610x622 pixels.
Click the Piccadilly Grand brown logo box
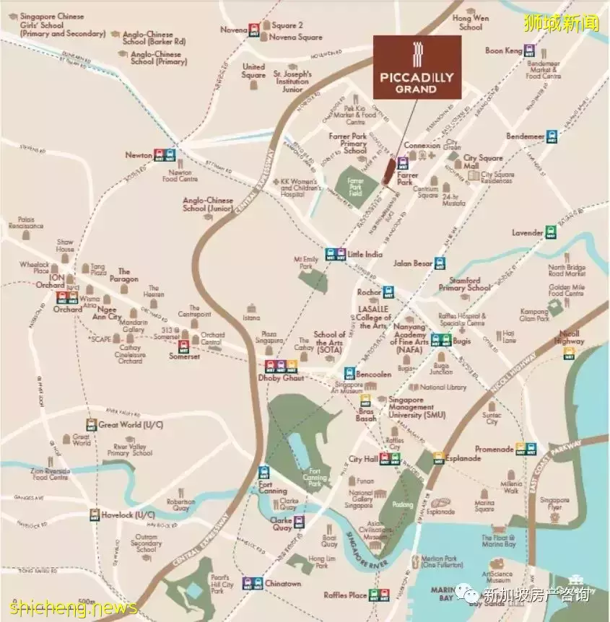tap(417, 66)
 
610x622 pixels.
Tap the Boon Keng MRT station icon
tap(530, 51)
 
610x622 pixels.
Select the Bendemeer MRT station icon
tap(552, 136)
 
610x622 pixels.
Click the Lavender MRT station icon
tap(551, 232)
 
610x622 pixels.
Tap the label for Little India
tap(365, 254)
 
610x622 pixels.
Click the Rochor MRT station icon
tap(389, 292)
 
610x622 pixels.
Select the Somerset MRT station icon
tap(183, 347)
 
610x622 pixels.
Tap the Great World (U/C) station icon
tap(91, 424)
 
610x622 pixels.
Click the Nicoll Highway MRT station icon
tap(570, 353)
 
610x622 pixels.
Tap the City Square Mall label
tap(482, 162)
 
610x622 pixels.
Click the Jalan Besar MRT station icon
tap(438, 263)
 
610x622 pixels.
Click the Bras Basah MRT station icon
tap(365, 400)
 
